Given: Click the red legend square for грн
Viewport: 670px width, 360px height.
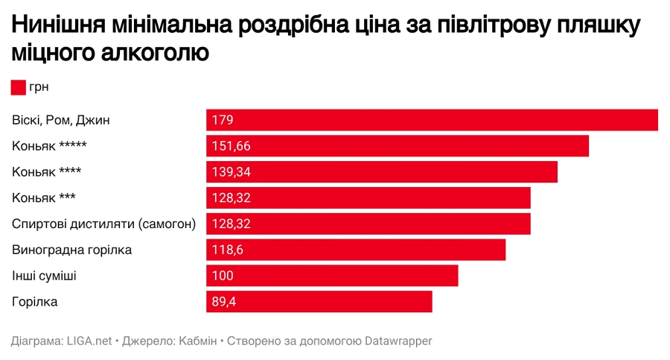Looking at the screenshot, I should (x=19, y=88).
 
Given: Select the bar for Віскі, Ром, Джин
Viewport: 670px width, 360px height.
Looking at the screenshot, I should (x=432, y=120).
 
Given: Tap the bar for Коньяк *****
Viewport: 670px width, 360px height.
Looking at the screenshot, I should (x=398, y=146).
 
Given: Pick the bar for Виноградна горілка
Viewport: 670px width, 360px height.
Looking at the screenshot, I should (x=356, y=250).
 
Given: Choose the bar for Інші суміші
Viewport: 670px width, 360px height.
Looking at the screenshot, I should (x=332, y=276).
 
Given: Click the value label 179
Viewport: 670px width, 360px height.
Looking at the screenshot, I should (x=223, y=120).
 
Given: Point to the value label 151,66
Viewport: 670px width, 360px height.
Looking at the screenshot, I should (x=231, y=146).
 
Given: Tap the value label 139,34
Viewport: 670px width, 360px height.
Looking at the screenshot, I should (x=231, y=172).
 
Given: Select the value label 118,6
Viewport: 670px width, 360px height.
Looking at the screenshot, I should (x=227, y=250).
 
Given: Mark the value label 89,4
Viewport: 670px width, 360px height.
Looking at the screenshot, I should (x=224, y=302).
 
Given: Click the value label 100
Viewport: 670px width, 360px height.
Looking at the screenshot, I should (x=223, y=276).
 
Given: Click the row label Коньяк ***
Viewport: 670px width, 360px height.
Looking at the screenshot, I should (x=44, y=198).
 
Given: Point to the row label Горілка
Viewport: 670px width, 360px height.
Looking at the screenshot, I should (x=35, y=302).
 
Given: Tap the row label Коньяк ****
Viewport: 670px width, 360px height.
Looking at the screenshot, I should (x=47, y=172).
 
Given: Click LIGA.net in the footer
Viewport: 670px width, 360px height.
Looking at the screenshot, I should (x=89, y=341).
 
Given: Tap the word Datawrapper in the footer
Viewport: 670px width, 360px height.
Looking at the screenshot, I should (x=398, y=341).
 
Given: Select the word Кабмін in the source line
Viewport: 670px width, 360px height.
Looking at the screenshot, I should (x=197, y=341).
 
